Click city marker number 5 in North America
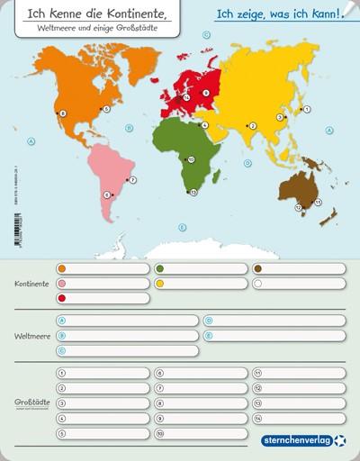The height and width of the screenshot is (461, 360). tap(105, 109)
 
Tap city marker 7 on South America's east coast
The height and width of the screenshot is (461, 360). tap(132, 180)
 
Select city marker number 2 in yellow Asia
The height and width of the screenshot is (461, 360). tap(254, 126)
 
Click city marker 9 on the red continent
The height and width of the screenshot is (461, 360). tap(206, 92)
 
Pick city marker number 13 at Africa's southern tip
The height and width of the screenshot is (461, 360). tap(193, 192)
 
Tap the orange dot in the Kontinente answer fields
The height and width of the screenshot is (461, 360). tap(61, 268)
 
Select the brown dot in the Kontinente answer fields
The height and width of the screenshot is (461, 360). tap(257, 268)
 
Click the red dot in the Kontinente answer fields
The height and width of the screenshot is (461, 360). tap(61, 298)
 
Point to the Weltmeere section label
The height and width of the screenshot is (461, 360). tap(31, 336)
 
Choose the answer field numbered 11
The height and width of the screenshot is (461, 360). tap(297, 373)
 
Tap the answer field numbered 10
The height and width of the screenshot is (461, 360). tap(198, 433)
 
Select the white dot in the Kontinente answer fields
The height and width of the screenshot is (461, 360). tap(257, 284)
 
